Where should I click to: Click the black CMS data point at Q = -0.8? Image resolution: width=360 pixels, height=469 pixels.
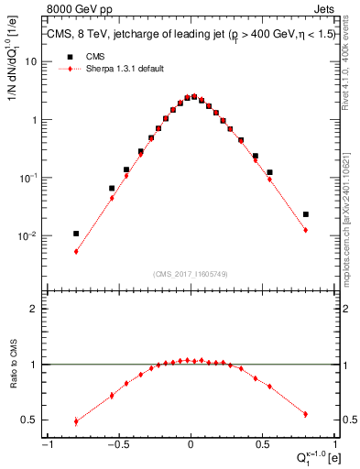pos(76,234)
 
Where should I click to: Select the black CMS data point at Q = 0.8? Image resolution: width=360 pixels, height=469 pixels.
pos(306,214)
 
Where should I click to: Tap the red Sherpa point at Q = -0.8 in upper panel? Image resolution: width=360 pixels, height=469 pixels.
pos(76,251)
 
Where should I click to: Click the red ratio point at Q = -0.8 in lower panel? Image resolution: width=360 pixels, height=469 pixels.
pos(76,422)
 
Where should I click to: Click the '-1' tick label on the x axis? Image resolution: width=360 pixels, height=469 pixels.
pos(46,446)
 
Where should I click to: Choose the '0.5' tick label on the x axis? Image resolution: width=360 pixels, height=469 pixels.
pos(262,446)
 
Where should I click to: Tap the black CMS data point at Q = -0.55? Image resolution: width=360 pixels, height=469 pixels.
pos(112,189)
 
